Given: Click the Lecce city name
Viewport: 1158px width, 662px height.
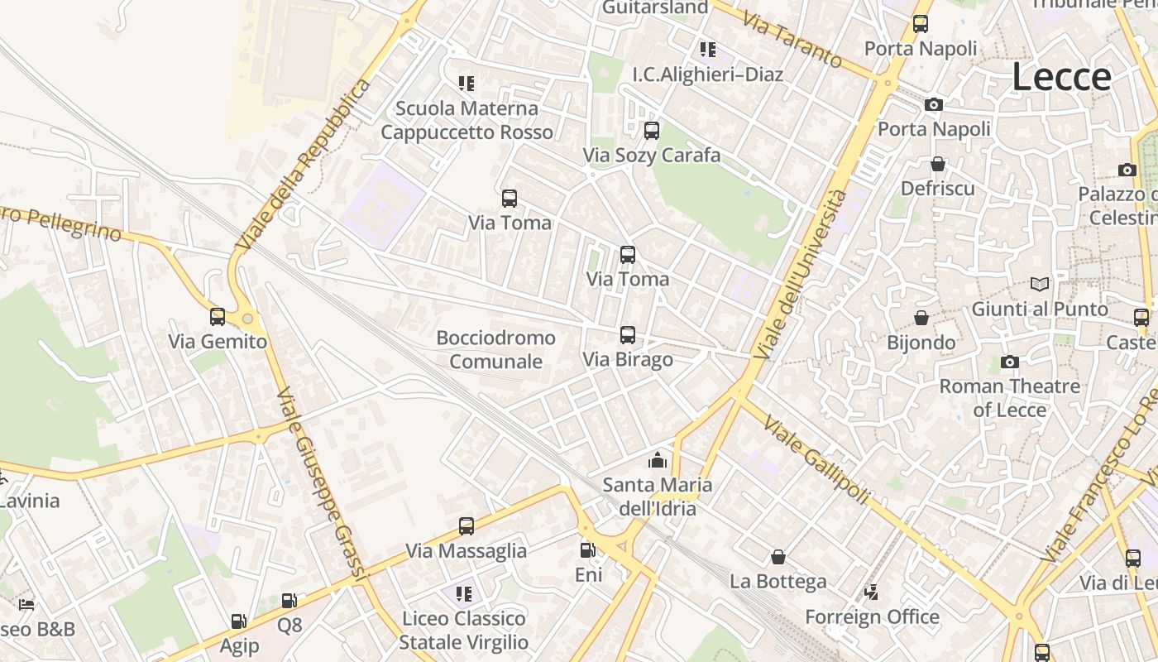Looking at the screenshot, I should pos(1062,77).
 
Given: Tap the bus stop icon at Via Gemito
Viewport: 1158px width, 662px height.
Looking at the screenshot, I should pos(218,316).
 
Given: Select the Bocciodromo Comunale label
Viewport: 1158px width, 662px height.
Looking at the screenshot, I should pos(496,349).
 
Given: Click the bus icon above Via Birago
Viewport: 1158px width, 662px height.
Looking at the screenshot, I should pos(628,335).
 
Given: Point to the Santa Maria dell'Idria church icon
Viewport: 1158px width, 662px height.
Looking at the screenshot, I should pos(658,460).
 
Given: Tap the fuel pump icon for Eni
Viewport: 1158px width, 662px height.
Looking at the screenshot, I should pos(587,549).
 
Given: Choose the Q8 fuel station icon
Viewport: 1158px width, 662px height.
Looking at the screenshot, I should pos(289,601).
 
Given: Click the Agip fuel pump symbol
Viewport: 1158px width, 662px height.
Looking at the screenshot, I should pos(238,621).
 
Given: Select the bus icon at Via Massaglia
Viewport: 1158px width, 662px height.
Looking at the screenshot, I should pos(467,526).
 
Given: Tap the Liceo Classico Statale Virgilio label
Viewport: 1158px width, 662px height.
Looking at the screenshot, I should pos(463,630).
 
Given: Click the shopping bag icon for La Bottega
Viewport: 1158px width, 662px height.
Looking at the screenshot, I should pos(778,557).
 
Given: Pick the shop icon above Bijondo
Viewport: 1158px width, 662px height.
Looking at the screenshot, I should pos(921,318).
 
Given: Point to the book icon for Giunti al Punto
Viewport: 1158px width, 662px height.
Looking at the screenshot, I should pos(1040,285).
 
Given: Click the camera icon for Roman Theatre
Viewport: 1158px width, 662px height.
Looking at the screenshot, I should pos(1009,362).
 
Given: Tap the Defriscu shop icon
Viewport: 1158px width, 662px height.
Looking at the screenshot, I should pos(937,164).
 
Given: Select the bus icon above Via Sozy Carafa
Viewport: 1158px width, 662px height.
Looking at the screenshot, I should pos(652,130).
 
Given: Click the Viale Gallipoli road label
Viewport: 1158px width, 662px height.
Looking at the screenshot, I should pos(816,460).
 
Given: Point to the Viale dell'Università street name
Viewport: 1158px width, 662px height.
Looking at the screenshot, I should pos(800,273).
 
